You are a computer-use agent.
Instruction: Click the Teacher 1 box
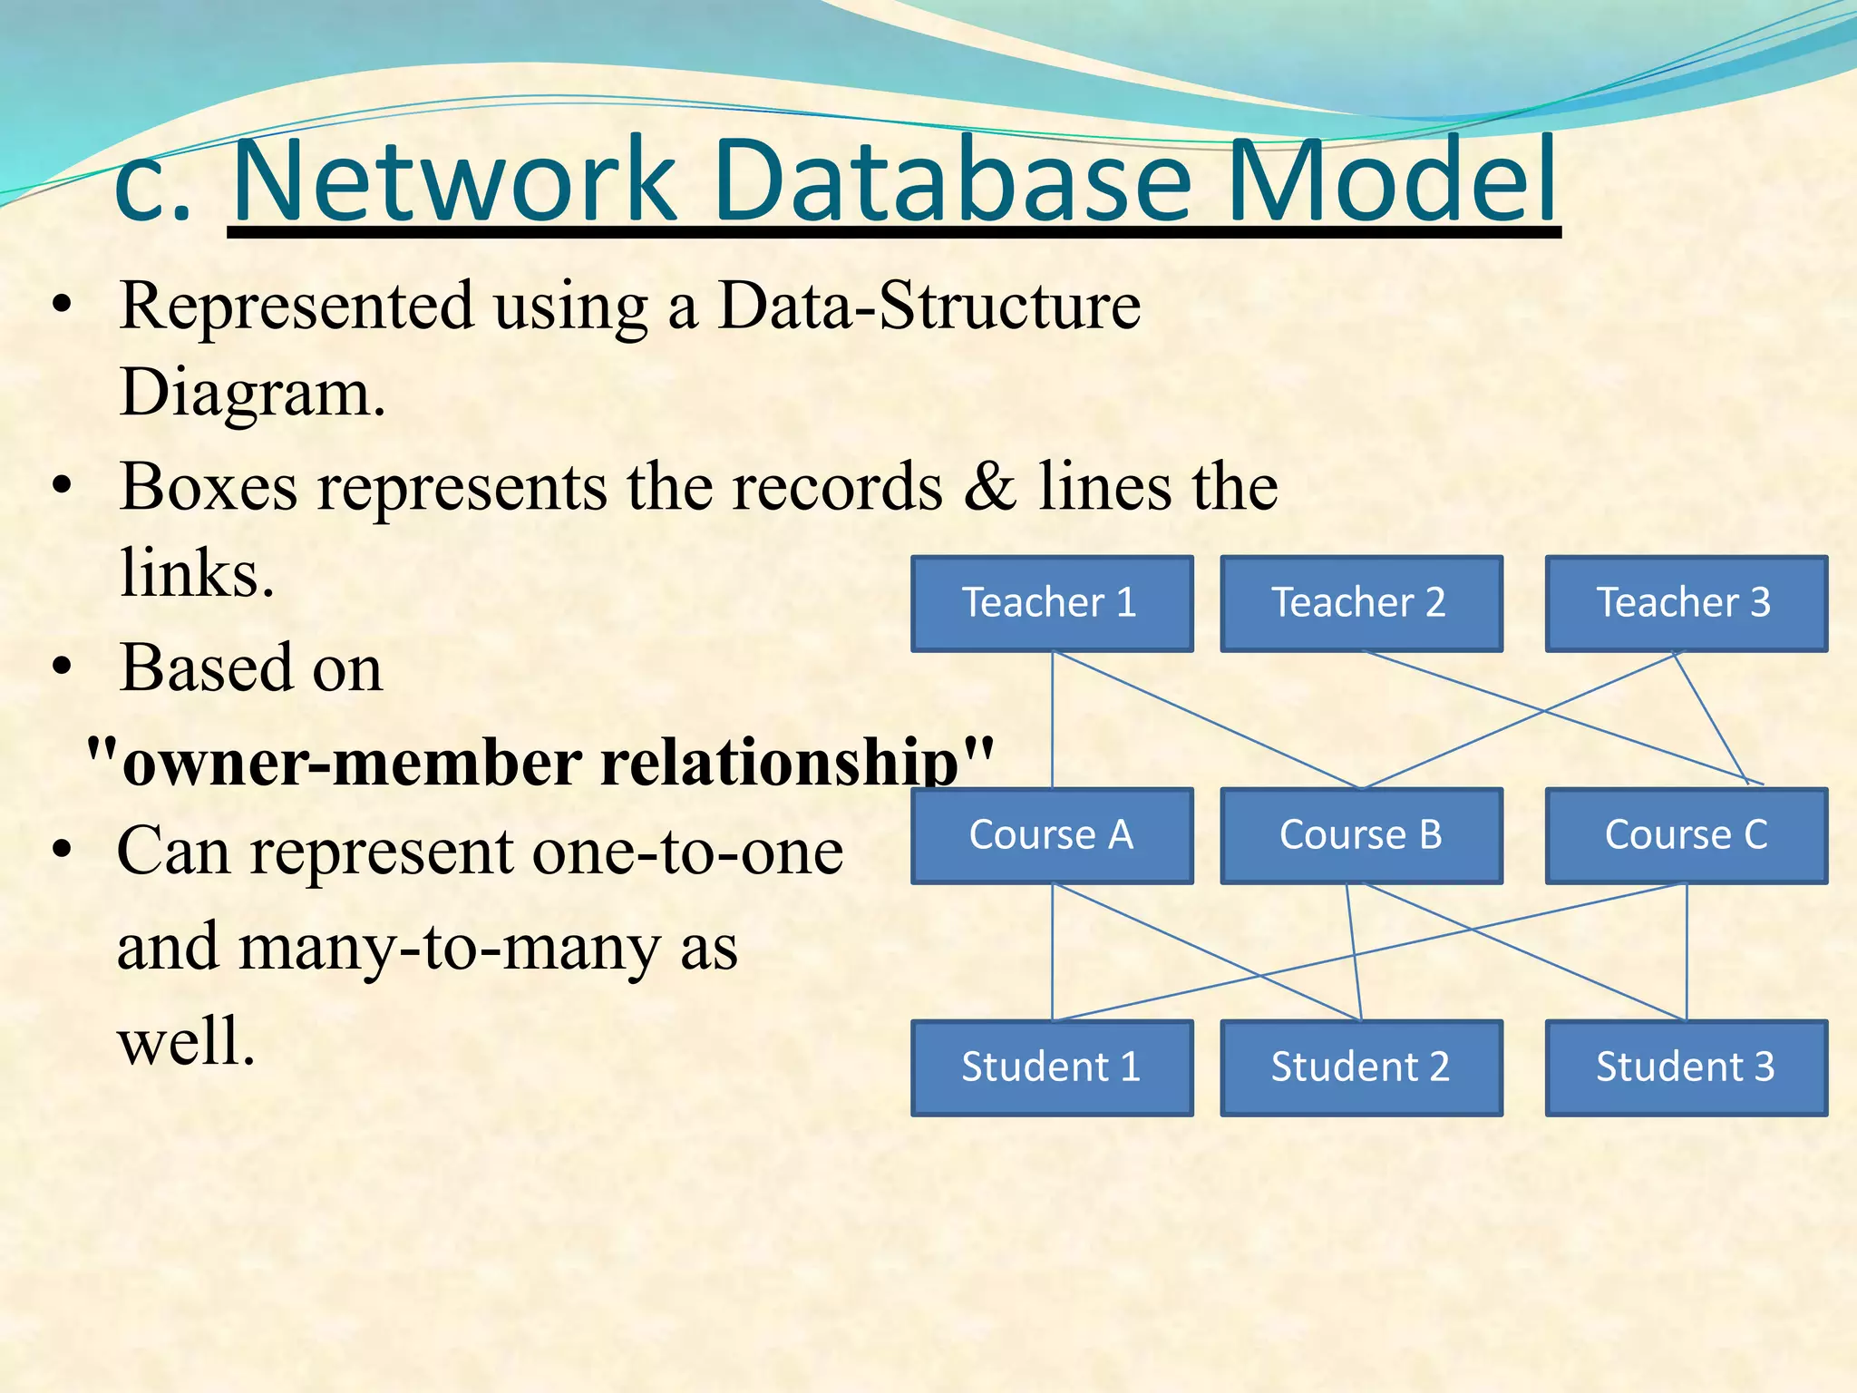(1052, 603)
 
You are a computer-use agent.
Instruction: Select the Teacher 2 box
(1361, 603)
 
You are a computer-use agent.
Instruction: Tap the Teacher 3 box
(1686, 603)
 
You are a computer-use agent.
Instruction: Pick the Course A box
(1052, 835)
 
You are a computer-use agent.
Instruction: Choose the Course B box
(1361, 835)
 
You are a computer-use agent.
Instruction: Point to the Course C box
(1686, 835)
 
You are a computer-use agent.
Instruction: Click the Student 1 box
(1052, 1067)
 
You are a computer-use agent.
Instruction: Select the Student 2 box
(1361, 1067)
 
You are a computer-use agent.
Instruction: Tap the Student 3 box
(1686, 1067)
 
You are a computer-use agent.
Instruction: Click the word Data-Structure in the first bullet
(928, 306)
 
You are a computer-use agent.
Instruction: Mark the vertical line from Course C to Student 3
(1687, 952)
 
